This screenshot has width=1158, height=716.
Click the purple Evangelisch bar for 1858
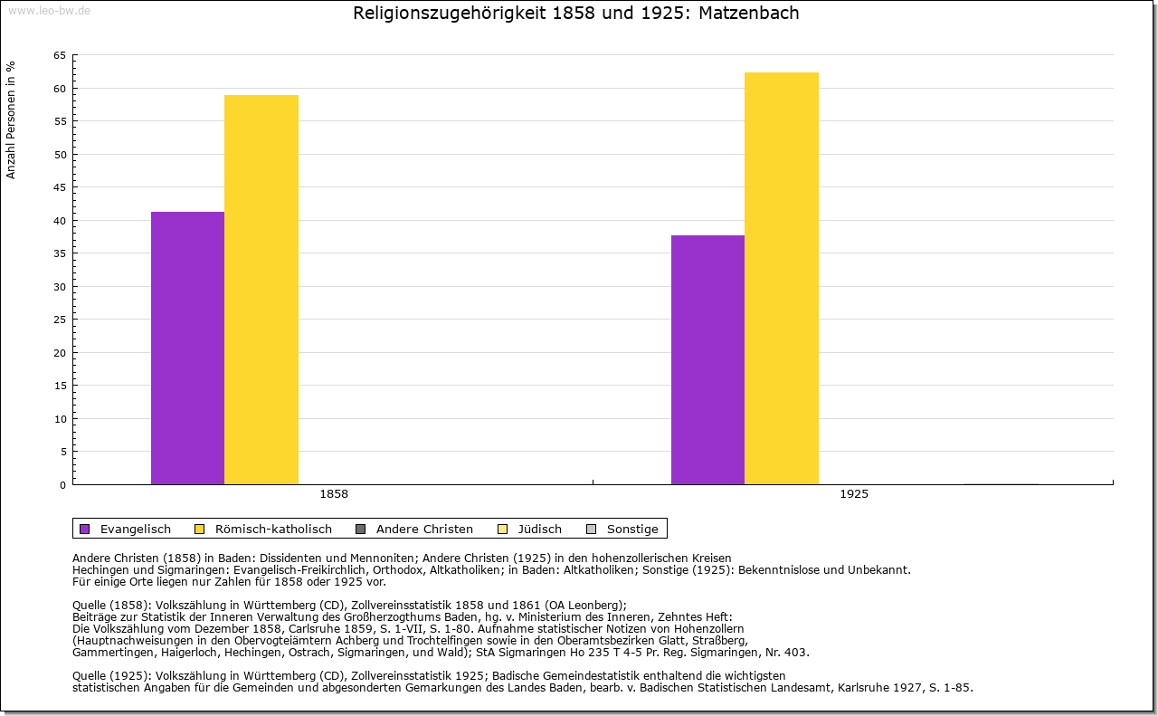187,348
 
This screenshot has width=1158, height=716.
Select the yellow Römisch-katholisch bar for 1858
261,290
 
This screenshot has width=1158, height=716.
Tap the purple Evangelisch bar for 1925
707,360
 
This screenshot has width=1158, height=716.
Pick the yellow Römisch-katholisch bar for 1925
782,279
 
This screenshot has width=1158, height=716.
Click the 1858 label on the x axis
334,495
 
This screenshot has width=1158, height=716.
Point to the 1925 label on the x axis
854,495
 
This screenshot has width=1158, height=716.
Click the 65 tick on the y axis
60,55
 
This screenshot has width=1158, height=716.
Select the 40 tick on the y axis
60,221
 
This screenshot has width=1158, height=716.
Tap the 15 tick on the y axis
60,386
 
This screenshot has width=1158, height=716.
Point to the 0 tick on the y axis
62,485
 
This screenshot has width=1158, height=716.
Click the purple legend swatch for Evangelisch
85,530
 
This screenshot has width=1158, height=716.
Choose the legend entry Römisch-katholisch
273,530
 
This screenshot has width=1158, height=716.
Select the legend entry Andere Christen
424,530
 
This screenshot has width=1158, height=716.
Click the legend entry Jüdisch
540,530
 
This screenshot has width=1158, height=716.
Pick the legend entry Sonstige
632,530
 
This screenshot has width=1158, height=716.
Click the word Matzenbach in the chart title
749,14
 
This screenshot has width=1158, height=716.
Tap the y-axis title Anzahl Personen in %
11,119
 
